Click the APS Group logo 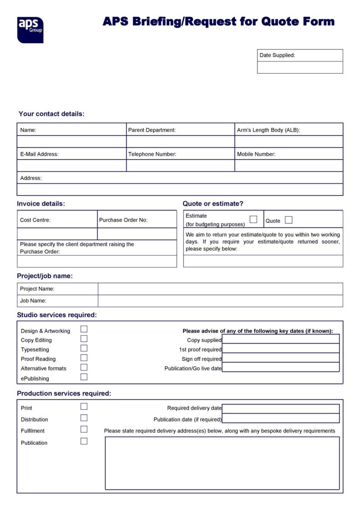click(30, 30)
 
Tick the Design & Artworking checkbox click(84, 329)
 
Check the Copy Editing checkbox click(84, 339)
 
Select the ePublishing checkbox click(84, 377)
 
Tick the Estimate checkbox click(253, 219)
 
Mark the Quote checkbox click(288, 220)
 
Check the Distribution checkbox click(84, 418)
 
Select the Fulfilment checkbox click(84, 429)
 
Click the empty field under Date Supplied click(300, 67)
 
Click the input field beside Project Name click(220, 289)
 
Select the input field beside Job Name click(220, 301)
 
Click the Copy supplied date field click(281, 339)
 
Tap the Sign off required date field click(281, 358)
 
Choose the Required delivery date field click(281, 409)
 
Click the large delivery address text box click(222, 463)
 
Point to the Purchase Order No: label click(123, 220)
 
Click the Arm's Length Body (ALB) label click(268, 130)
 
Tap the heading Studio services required click(57, 315)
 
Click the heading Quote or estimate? click(213, 204)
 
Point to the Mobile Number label click(256, 154)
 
